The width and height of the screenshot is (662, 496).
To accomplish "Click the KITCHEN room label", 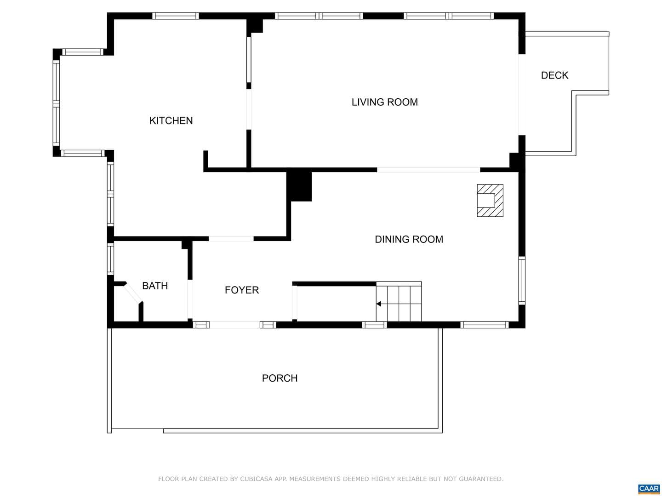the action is (171, 120).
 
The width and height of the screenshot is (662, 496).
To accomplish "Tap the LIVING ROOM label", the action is (384, 102).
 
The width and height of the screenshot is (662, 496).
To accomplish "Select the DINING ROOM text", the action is (409, 239).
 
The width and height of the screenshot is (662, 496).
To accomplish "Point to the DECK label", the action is (554, 75).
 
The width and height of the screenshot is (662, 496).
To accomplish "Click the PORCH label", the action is (280, 378).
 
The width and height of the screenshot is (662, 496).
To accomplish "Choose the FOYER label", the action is (241, 290).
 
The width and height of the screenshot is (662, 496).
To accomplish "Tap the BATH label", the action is (155, 286).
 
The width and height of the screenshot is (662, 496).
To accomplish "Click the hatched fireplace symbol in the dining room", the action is (490, 200).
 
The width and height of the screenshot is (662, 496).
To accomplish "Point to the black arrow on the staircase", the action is (378, 304).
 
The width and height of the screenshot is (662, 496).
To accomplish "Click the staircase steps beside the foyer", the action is (399, 302).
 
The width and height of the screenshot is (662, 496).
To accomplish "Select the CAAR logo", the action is (648, 489).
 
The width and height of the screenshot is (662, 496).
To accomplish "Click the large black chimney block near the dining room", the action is (299, 186).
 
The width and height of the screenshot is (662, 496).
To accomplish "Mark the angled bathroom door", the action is (133, 292).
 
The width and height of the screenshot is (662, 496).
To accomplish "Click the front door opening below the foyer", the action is (234, 325).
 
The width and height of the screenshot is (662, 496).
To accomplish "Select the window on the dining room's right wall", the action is (522, 281).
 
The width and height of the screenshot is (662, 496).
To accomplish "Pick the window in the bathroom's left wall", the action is (111, 259).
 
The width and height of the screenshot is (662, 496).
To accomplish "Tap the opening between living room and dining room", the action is (428, 170).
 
